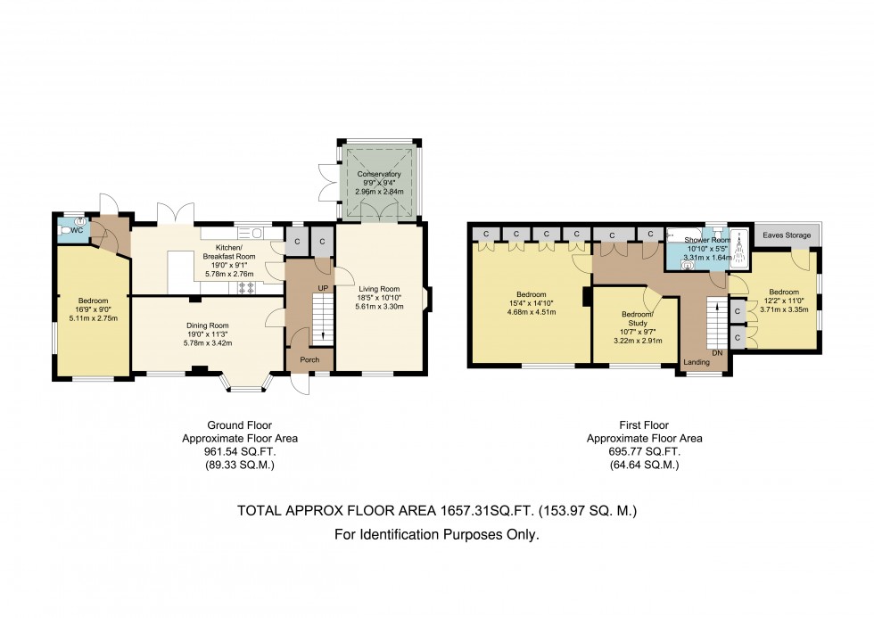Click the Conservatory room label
coord(379,174)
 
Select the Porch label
coord(310,360)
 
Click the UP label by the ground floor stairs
coord(323,288)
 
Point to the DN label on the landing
coord(717,353)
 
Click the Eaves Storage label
coord(787,235)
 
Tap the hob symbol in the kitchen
coord(246,288)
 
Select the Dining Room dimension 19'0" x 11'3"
coord(207,334)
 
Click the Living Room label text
coord(379,289)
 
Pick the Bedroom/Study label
coord(638,318)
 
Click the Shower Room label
coord(707,240)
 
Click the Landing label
coord(697,362)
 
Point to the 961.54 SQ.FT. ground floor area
coord(240,452)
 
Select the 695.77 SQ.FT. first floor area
coord(644,452)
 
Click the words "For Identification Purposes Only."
coord(437,536)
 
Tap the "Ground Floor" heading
coord(240,425)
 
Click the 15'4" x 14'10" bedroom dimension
coord(532,303)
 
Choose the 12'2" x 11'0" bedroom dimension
coord(784,301)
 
